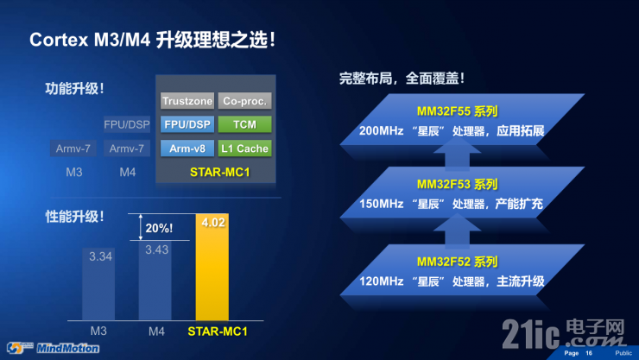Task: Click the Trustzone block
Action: pyautogui.click(x=187, y=100)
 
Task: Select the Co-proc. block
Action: pyautogui.click(x=244, y=100)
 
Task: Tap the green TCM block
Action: pyautogui.click(x=244, y=124)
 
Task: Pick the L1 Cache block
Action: pyautogui.click(x=244, y=148)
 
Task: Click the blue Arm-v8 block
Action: pyautogui.click(x=187, y=148)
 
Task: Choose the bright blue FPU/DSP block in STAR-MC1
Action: pyautogui.click(x=187, y=124)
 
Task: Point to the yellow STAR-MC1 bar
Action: pyautogui.click(x=212, y=276)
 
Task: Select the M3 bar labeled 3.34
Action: pyautogui.click(x=101, y=285)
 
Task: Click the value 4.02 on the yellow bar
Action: pyautogui.click(x=212, y=224)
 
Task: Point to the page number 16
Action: pyautogui.click(x=590, y=353)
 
